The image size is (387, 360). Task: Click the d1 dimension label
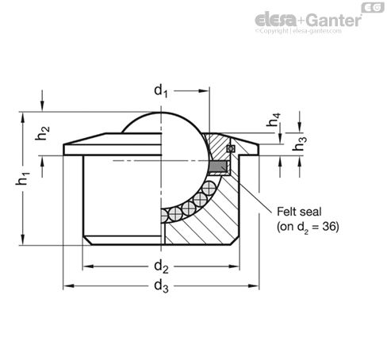(161, 91)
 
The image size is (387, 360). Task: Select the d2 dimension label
(161, 266)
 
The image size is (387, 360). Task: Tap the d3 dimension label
(161, 286)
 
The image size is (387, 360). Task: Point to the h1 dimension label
(23, 178)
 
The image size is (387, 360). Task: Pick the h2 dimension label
(43, 132)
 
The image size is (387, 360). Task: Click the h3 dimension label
(300, 144)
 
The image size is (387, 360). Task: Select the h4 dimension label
(274, 120)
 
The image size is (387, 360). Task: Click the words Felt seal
(299, 212)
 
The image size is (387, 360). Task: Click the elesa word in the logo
(276, 20)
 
